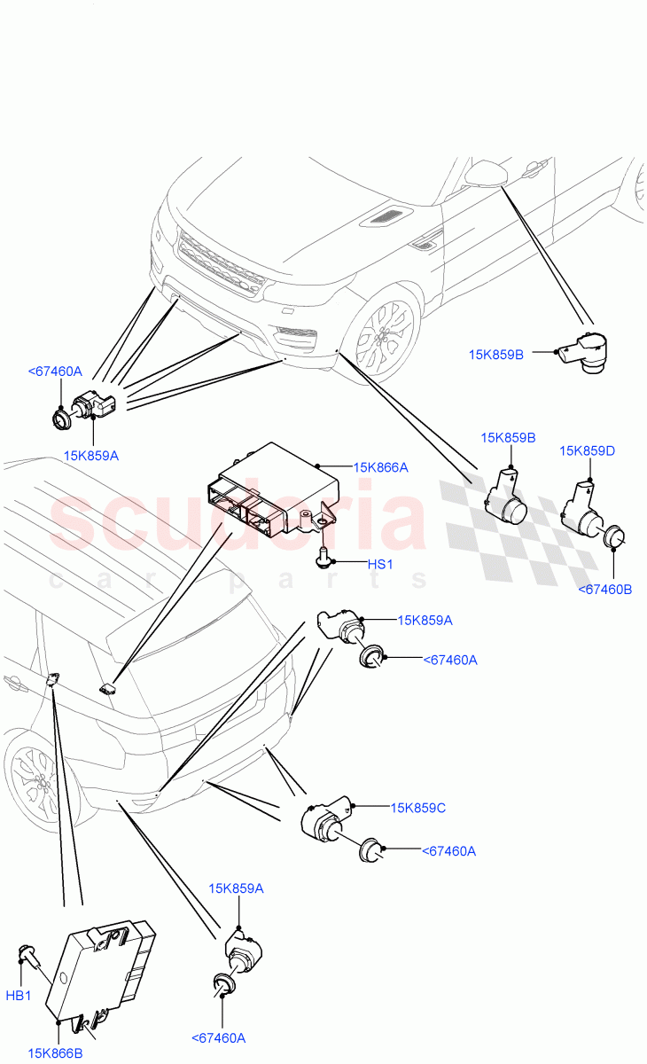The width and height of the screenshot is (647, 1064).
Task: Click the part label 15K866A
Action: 380,466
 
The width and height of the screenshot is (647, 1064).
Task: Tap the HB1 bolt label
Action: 19,996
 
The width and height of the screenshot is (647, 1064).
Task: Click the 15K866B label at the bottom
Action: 55,1053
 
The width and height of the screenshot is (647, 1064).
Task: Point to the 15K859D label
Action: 587,451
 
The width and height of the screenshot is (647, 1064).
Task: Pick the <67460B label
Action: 604,590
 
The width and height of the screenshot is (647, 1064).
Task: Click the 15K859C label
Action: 417,808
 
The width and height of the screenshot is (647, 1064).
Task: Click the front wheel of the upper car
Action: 382,336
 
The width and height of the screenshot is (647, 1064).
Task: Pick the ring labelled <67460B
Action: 614,537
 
